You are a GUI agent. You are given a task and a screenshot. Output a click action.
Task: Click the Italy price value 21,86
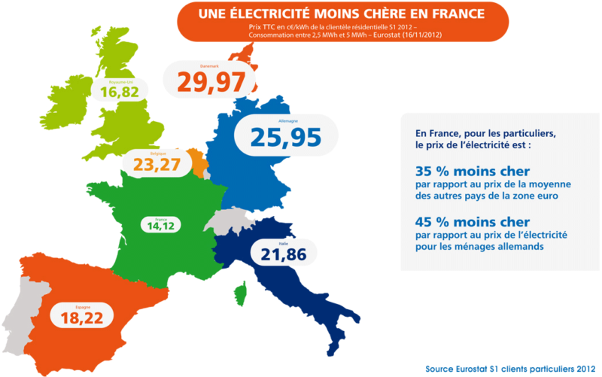(x=283, y=255)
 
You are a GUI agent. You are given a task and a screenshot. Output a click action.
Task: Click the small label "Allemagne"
(x=278, y=120)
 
